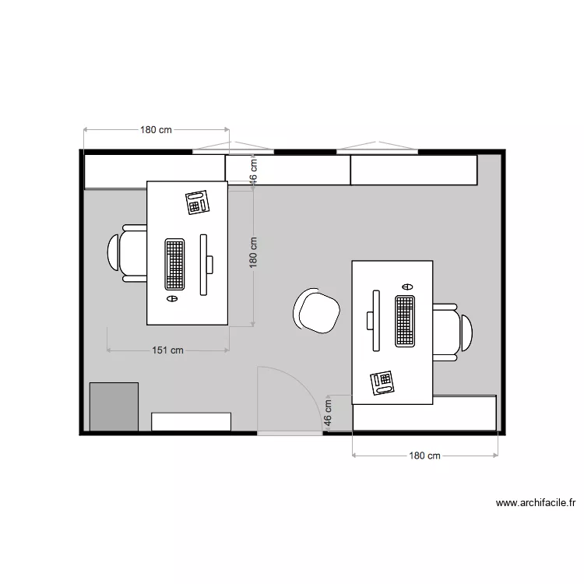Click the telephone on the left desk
[199, 202]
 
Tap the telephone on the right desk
[382, 382]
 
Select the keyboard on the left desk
[175, 264]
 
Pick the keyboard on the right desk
[404, 321]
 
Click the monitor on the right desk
[375, 320]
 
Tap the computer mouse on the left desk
[173, 297]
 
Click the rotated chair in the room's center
[316, 311]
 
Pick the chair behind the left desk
[128, 253]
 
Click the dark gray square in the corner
[114, 406]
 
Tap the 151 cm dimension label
[167, 350]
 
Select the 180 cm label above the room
[156, 130]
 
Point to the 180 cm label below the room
[425, 456]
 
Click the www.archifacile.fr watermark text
[535, 503]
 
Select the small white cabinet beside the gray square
[191, 421]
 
